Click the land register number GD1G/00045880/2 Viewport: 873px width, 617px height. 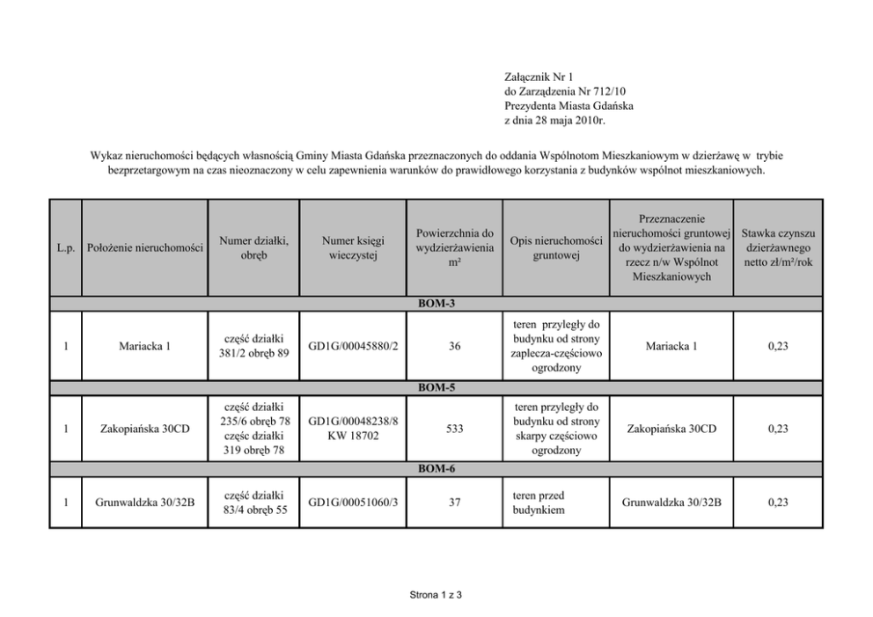coord(353,346)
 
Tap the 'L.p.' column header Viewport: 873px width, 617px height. coord(65,247)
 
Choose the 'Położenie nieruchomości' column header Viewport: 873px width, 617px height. coord(145,247)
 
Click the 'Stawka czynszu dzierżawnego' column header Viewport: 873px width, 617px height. coord(778,247)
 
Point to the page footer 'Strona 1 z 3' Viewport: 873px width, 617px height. coord(436,594)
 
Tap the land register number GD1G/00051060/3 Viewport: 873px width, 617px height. coord(353,503)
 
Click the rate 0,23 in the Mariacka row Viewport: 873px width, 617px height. coord(777,346)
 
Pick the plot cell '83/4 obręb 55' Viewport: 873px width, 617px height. coord(254,510)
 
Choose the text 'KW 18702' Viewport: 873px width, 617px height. coord(353,437)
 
